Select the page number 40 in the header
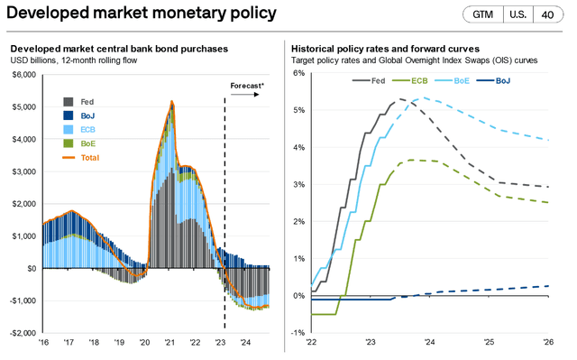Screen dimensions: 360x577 [x=548, y=15]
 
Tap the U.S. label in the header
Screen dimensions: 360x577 [x=517, y=15]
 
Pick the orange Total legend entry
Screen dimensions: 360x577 [x=87, y=157]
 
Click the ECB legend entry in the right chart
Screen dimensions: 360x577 [x=416, y=81]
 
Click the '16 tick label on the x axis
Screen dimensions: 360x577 [x=42, y=343]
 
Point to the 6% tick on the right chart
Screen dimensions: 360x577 [x=299, y=73]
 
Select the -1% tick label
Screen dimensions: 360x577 [x=298, y=332]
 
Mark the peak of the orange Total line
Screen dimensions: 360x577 [x=172, y=102]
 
